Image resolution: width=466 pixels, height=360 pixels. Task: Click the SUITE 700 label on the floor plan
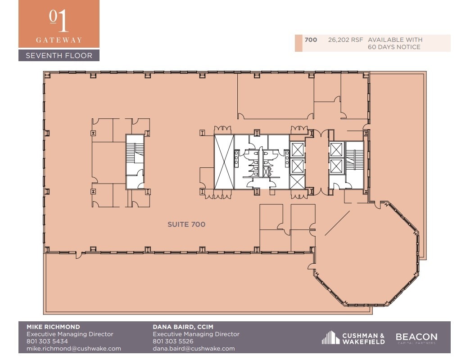[x=186, y=224]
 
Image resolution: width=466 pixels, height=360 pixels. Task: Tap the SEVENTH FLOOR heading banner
[x=59, y=55]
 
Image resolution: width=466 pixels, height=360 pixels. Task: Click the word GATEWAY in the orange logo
[x=59, y=40]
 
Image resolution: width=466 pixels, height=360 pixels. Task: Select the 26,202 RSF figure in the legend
[x=346, y=40]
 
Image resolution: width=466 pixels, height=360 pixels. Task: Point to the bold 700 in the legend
[x=311, y=40]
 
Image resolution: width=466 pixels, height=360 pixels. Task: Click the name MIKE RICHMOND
[x=53, y=327]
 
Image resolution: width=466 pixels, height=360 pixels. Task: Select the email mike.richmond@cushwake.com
[x=74, y=348]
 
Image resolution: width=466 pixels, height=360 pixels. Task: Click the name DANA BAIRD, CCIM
[x=183, y=327]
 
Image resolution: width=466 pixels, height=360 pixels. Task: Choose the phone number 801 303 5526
[x=173, y=341]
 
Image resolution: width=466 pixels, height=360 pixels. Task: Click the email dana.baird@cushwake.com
[x=194, y=348]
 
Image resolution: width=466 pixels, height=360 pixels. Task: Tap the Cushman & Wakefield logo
[x=353, y=338]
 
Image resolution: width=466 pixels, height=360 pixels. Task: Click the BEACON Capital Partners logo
[x=416, y=338]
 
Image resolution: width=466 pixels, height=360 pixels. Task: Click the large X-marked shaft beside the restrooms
[x=224, y=162]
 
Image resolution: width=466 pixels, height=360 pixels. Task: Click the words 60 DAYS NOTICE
[x=394, y=47]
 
